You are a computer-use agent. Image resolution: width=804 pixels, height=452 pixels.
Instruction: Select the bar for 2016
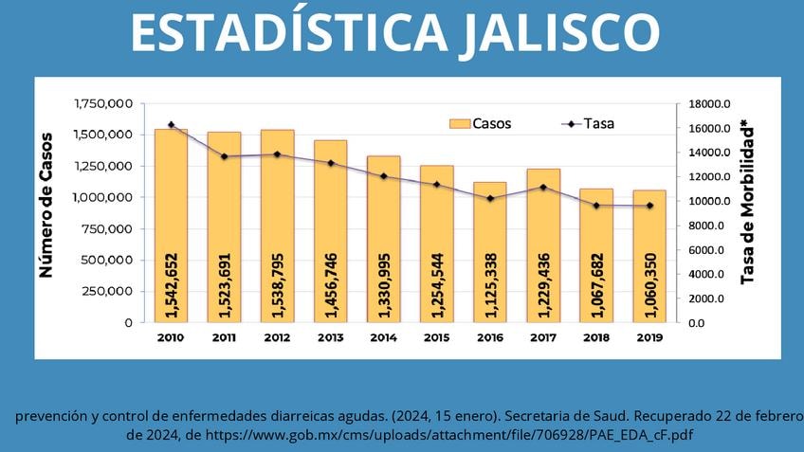tap(490, 252)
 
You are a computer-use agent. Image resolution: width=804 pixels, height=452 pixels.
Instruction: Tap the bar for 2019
tap(649, 256)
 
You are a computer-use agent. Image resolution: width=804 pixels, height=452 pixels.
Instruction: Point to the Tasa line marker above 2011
tap(225, 156)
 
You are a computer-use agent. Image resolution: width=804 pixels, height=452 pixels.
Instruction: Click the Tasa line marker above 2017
tap(543, 187)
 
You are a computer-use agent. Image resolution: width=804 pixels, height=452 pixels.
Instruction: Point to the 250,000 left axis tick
tap(106, 291)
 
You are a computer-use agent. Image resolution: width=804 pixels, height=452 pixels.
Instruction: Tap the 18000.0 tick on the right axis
tap(709, 104)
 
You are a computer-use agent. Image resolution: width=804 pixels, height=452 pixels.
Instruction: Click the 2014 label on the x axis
tap(384, 337)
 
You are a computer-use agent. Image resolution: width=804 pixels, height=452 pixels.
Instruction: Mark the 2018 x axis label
tap(596, 337)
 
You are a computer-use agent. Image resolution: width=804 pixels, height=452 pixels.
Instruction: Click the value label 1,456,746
tap(331, 283)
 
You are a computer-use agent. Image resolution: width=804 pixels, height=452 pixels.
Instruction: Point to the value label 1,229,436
tap(543, 283)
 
